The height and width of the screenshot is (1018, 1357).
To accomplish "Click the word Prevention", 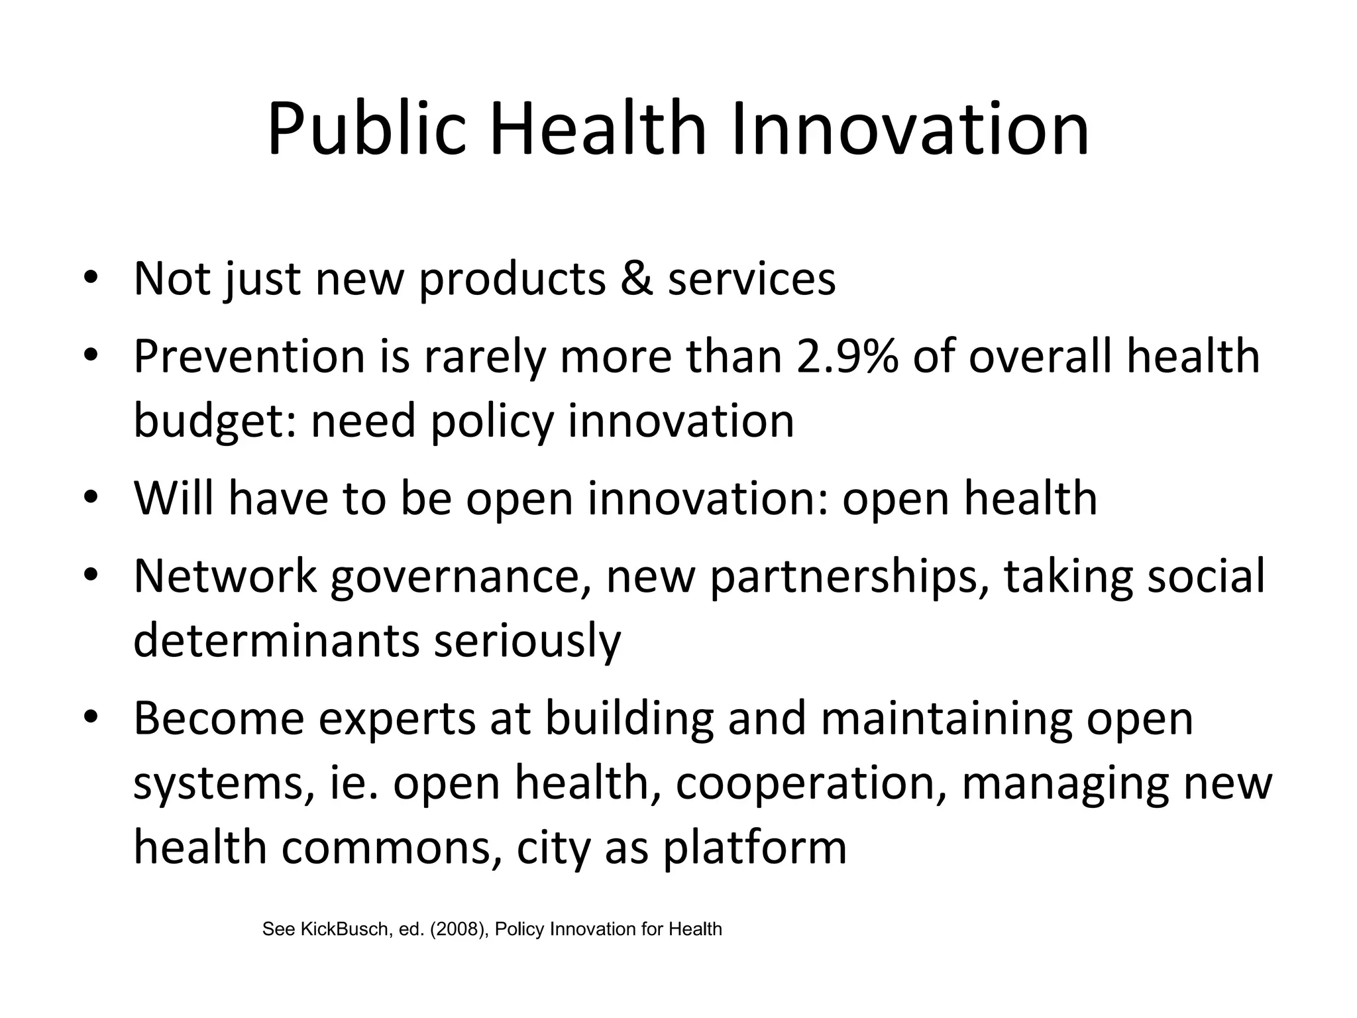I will (x=249, y=357).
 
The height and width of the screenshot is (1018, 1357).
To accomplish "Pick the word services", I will (x=751, y=278).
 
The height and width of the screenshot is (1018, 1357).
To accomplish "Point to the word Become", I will (x=219, y=719).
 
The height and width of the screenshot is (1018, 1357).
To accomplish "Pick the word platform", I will (x=755, y=849).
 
